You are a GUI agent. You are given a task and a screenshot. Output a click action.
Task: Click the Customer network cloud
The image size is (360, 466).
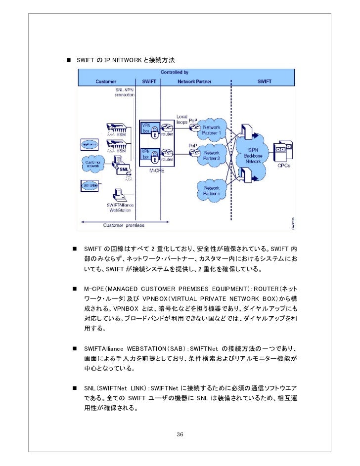click(92, 164)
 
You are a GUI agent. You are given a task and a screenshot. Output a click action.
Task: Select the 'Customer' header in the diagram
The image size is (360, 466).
click(106, 82)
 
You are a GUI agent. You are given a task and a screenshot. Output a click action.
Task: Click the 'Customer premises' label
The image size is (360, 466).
click(124, 225)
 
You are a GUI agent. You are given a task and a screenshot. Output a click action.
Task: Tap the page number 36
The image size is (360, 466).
click(180, 434)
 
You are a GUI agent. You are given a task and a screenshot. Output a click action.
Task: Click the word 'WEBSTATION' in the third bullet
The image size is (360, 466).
click(147, 342)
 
